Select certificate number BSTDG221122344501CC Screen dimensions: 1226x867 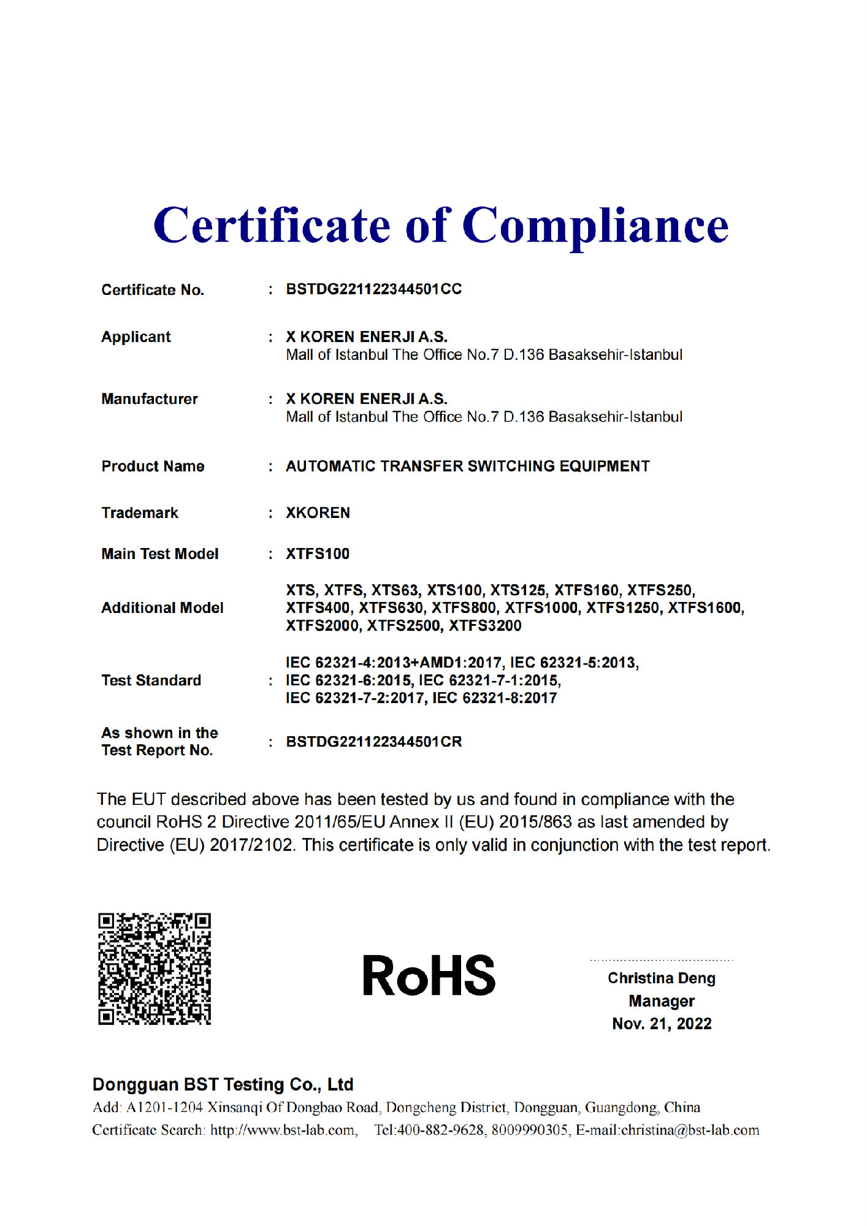[373, 289]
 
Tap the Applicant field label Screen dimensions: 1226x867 [136, 337]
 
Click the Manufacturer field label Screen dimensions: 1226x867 [150, 399]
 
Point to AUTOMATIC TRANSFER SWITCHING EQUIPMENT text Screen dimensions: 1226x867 [467, 466]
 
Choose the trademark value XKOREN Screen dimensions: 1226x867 [318, 513]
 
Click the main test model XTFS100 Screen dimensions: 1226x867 [317, 554]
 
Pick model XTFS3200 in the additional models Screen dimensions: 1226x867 [485, 626]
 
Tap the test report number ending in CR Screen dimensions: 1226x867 [373, 742]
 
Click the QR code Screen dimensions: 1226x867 [155, 969]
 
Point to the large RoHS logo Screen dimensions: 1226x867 [429, 975]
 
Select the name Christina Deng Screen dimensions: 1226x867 [661, 978]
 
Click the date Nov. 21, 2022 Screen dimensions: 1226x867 [661, 1024]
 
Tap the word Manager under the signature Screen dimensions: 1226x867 [661, 1001]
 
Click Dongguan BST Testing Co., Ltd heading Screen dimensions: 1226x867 [223, 1084]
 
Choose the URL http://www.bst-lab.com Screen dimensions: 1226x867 [283, 1130]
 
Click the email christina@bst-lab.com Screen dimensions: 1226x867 [690, 1130]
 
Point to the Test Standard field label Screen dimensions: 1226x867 [151, 680]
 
